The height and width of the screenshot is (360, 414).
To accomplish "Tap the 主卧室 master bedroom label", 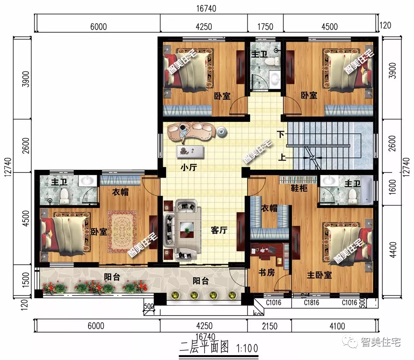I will coord(319,276).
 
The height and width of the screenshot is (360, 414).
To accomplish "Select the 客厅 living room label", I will coord(220,230).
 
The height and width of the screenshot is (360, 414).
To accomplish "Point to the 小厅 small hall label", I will coord(189,167).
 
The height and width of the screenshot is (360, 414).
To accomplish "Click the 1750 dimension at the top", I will coord(265,27).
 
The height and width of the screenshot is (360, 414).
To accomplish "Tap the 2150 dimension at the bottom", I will coord(269,326).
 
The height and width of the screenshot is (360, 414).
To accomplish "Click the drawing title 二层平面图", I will coord(204,347).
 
